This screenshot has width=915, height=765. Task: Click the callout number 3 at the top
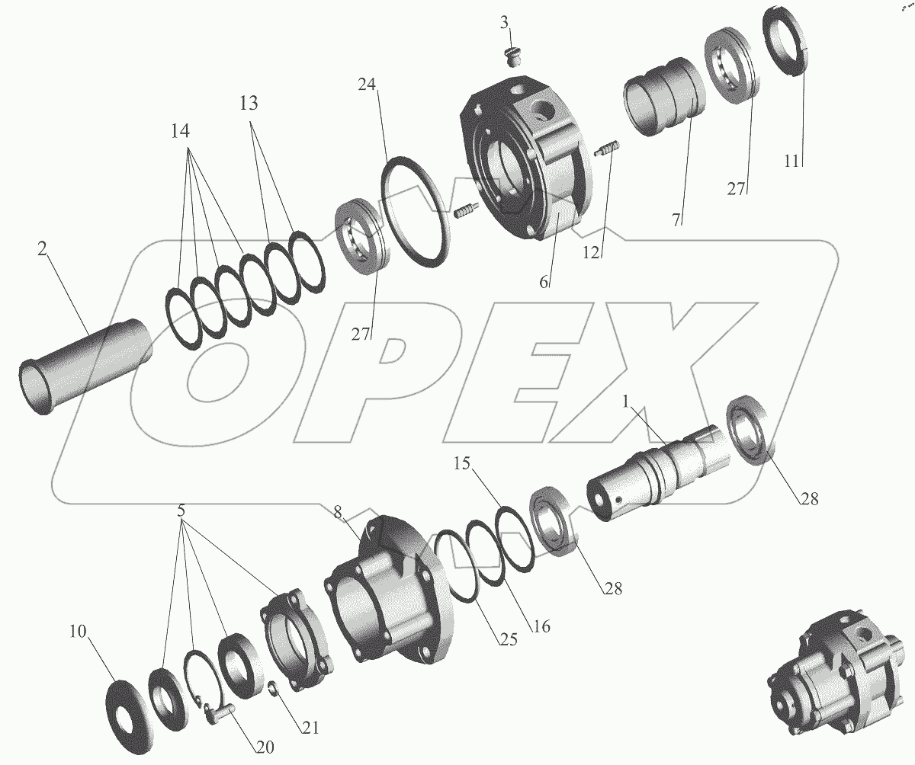[504, 23]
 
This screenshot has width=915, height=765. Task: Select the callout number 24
[367, 84]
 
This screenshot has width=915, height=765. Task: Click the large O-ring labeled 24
[415, 212]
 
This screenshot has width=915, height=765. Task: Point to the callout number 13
[249, 104]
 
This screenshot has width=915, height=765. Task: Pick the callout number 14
[180, 131]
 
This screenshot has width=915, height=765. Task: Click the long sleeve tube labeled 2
[86, 366]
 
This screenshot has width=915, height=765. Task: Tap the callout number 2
[42, 250]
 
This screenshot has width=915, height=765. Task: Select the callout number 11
[791, 162]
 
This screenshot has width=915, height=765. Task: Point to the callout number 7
[678, 219]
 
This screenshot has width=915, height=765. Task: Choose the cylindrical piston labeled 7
[664, 96]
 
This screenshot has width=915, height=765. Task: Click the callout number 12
[591, 252]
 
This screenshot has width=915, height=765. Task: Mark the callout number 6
[544, 283]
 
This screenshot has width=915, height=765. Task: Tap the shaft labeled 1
[657, 474]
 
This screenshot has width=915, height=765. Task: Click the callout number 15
[461, 463]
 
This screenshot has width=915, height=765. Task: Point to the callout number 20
[265, 747]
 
